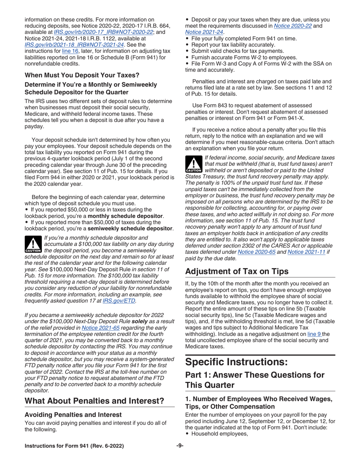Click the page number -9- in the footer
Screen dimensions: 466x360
pos(180,446)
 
